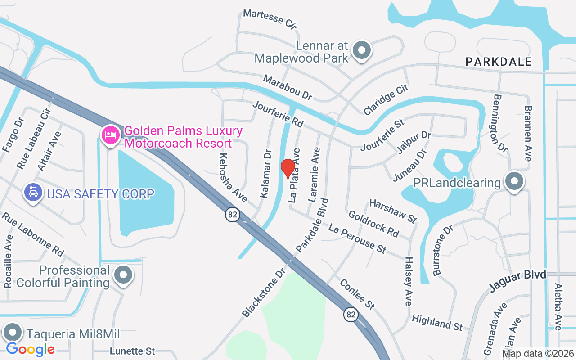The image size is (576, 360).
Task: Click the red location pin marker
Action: [x=288, y=168]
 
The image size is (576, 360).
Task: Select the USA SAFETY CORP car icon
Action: [x=32, y=193]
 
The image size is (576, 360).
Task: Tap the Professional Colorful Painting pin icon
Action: [x=123, y=274]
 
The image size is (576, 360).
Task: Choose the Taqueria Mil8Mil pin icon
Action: [x=13, y=333]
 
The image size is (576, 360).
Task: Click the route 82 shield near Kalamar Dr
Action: [x=232, y=215]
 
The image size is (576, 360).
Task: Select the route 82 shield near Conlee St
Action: [x=351, y=314]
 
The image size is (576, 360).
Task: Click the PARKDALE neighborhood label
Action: [x=499, y=62]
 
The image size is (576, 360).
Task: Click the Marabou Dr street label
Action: [x=288, y=88]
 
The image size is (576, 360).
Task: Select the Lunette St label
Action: [x=132, y=351]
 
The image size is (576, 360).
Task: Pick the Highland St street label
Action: [x=437, y=322]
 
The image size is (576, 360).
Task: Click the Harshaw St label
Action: [x=393, y=211]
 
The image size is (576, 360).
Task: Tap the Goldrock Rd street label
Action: [x=373, y=224]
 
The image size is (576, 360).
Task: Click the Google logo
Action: [x=31, y=349]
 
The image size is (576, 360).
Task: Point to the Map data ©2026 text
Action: [x=538, y=353]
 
